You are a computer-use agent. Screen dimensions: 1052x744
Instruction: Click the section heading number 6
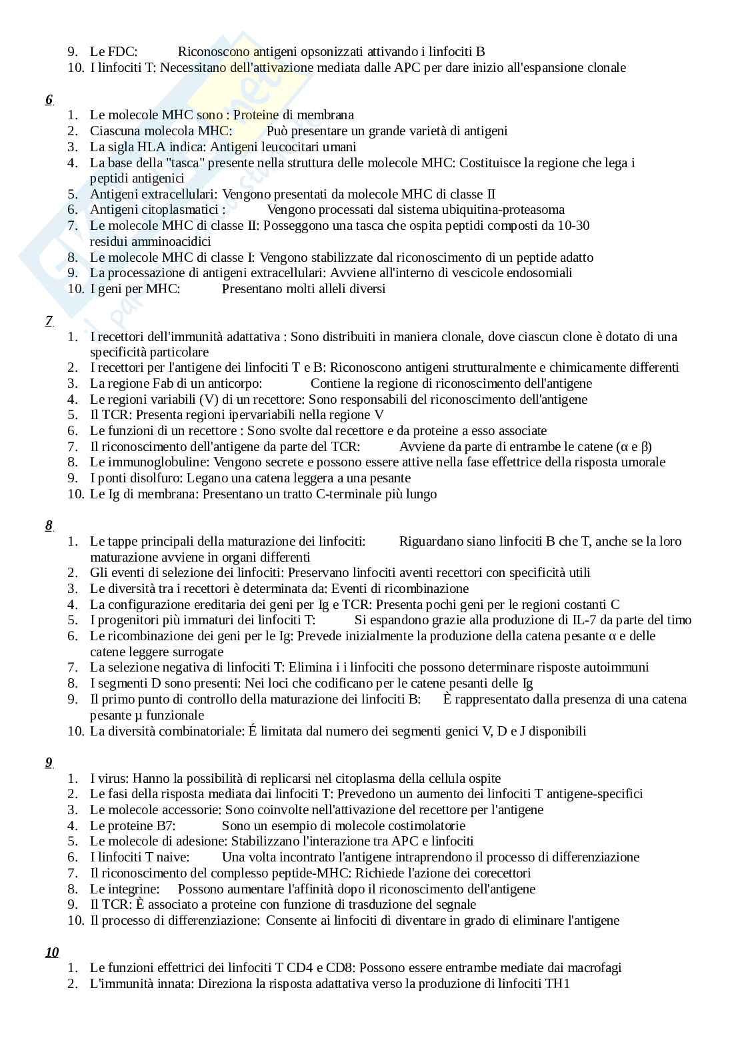[x=49, y=100]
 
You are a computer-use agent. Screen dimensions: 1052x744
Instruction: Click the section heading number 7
[x=49, y=321]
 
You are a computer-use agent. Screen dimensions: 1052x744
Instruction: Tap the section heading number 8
[x=49, y=526]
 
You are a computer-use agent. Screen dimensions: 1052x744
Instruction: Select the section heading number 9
[x=49, y=763]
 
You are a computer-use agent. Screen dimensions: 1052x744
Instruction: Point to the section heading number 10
[x=52, y=952]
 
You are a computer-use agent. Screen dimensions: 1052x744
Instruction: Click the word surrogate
[x=194, y=652]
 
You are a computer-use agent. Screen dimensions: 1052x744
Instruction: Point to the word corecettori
[x=497, y=873]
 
